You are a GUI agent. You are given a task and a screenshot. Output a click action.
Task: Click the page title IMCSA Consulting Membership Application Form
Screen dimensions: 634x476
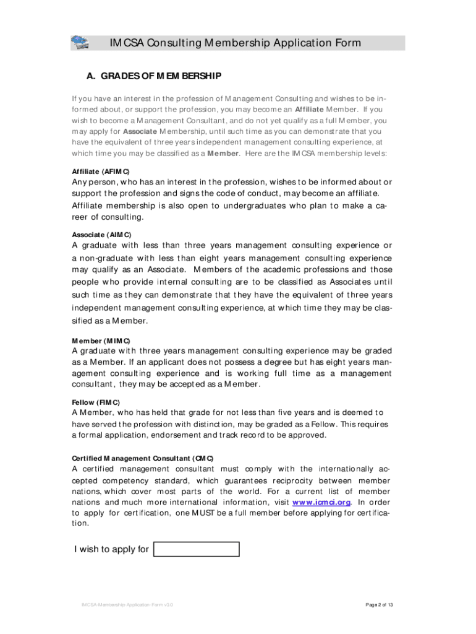[236, 43]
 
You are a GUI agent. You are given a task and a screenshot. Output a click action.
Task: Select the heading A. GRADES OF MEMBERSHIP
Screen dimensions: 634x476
[153, 77]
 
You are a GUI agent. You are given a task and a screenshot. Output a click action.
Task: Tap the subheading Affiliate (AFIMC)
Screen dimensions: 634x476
[101, 172]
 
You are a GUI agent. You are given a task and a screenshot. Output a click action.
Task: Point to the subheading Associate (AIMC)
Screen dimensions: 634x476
[101, 235]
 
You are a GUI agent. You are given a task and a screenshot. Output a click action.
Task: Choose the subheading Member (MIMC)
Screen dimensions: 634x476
[101, 341]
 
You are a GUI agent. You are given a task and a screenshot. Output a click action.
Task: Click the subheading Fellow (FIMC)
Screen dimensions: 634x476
[96, 402]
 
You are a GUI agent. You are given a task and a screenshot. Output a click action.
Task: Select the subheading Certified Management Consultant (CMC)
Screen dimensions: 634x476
[143, 458]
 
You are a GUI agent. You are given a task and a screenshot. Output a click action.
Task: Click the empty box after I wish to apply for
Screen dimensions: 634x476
[196, 549]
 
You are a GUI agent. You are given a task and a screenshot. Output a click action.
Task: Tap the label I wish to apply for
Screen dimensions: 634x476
[111, 549]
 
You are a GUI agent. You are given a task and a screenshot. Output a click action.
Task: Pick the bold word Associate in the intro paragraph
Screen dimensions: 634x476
[140, 131]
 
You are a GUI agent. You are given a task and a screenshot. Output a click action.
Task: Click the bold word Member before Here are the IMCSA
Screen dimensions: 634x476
[223, 154]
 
